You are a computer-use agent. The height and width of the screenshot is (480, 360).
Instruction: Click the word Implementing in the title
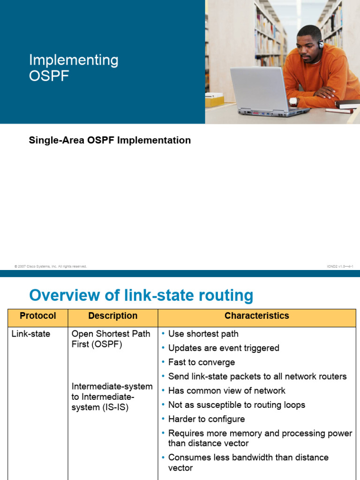(x=74, y=60)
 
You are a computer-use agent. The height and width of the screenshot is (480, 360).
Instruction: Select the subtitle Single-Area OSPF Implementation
(x=110, y=140)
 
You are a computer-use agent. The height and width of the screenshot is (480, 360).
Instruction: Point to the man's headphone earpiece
(x=321, y=45)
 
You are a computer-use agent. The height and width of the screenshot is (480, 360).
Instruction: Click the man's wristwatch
(x=293, y=101)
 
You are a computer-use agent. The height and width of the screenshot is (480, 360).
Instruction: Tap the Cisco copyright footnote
(x=51, y=266)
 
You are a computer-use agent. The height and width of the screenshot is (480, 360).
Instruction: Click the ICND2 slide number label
(x=340, y=266)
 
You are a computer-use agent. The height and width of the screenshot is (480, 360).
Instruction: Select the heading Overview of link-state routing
(x=141, y=295)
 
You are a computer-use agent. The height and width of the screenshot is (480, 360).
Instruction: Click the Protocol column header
(x=38, y=316)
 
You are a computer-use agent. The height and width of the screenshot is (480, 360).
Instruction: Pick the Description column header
(x=112, y=316)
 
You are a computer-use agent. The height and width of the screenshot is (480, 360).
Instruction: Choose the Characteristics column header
(x=256, y=316)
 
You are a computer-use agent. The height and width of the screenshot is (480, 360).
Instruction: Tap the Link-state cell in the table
(x=31, y=334)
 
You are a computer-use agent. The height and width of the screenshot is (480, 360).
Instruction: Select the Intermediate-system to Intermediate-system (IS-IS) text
(x=112, y=397)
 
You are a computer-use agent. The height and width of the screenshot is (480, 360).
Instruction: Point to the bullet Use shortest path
(x=203, y=334)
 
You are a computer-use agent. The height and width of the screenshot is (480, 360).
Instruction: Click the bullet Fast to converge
(x=201, y=362)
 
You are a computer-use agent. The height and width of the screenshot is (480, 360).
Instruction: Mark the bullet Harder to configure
(x=206, y=419)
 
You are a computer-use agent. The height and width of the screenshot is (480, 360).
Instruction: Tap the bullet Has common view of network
(x=226, y=390)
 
